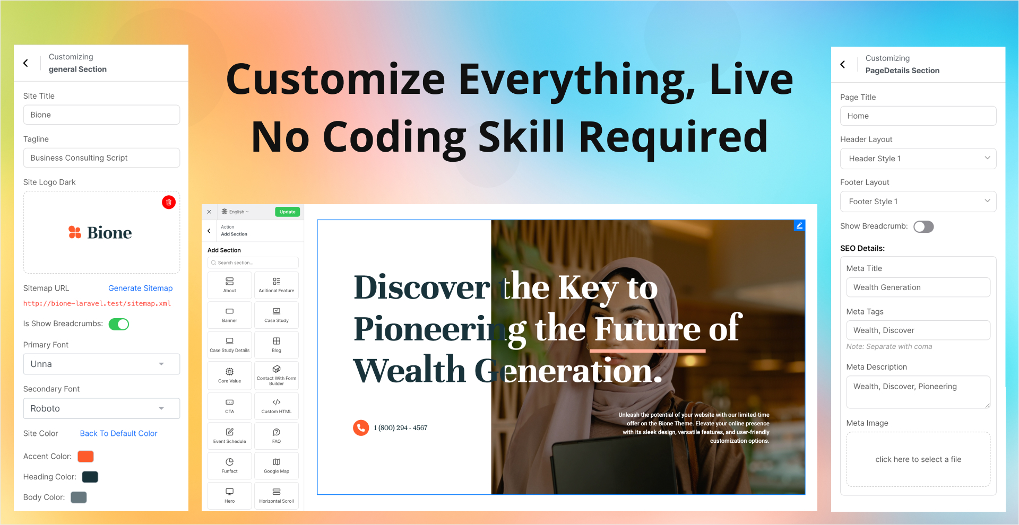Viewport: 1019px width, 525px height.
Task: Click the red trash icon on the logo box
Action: point(169,202)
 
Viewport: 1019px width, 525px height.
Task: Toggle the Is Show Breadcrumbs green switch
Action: point(119,324)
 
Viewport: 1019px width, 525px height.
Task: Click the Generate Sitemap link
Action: point(141,288)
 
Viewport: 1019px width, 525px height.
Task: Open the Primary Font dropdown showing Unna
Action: point(101,364)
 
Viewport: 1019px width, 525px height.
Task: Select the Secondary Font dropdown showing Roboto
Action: point(101,408)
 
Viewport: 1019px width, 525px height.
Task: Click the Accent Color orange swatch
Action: point(85,456)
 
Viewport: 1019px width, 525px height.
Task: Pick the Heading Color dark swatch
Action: point(90,477)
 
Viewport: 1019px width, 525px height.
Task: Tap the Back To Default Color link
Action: point(118,433)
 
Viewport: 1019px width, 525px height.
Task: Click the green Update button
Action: point(287,212)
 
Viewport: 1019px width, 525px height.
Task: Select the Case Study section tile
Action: point(277,315)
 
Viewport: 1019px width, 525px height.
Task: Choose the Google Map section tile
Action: point(277,466)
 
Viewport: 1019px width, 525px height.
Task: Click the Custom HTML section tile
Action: point(277,406)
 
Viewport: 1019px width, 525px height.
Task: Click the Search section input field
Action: point(253,262)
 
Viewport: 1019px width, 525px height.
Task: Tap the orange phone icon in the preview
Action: point(361,427)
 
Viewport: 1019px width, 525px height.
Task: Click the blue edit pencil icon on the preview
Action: point(799,225)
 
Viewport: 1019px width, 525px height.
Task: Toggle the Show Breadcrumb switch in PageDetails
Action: point(923,226)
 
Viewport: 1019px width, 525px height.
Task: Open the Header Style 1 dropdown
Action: point(918,159)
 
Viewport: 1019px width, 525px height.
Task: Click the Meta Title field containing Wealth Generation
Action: point(918,287)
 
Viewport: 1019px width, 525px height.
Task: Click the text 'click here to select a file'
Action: point(918,459)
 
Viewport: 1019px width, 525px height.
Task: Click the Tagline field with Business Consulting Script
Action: point(101,158)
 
